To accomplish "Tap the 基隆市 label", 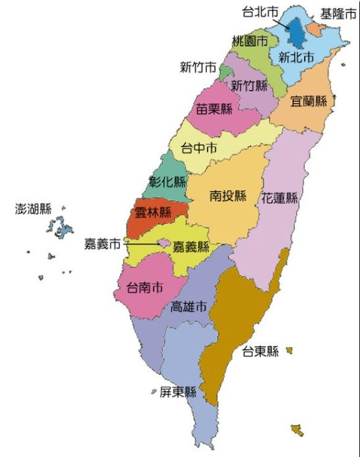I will pyautogui.click(x=338, y=14).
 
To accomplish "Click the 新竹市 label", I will pyautogui.click(x=198, y=68).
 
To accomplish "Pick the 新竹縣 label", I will pyautogui.click(x=250, y=85).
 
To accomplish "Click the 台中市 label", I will pyautogui.click(x=199, y=148).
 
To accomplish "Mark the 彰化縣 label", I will pyautogui.click(x=168, y=182).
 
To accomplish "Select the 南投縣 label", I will pyautogui.click(x=228, y=196).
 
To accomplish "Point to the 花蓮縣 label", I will pyautogui.click(x=280, y=198).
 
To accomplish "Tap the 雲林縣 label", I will pyautogui.click(x=152, y=212).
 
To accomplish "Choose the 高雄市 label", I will pyautogui.click(x=189, y=307).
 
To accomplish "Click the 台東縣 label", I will pyautogui.click(x=260, y=352).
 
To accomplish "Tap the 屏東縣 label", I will pyautogui.click(x=178, y=393).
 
